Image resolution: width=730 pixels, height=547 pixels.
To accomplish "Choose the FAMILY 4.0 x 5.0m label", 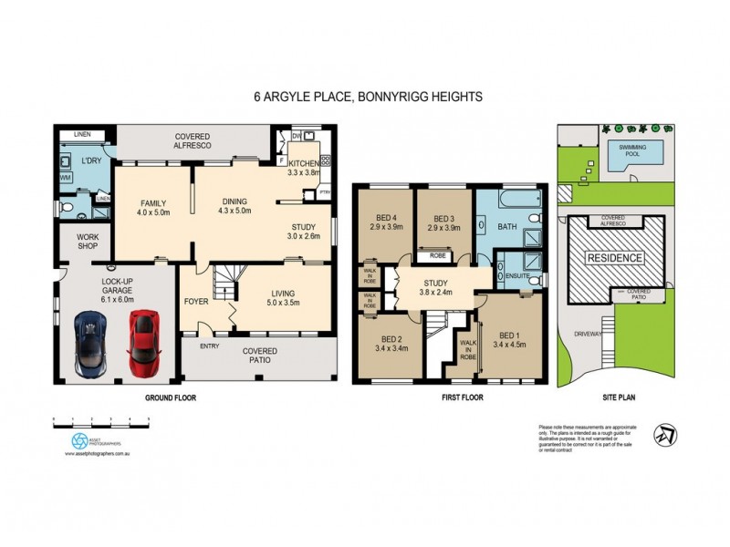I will pos(154,206).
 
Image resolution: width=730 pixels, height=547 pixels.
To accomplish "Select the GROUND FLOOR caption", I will pos(171,398).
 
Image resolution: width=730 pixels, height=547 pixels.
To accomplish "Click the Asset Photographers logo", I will pos(79,439).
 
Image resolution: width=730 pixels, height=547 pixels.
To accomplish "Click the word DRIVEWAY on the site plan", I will pos(588,334).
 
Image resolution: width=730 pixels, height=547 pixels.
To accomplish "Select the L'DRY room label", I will pos(90,160).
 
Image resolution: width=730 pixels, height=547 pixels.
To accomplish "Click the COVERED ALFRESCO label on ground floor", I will pos(193,140).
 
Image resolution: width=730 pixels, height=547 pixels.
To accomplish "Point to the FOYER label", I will pos(196,300).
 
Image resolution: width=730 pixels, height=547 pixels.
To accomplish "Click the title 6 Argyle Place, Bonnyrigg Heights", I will pos(367,96).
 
